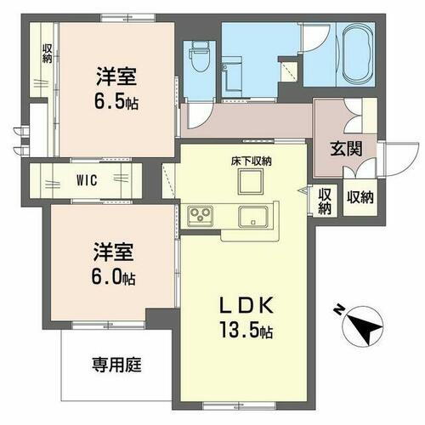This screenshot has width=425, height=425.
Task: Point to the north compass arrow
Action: (365, 328)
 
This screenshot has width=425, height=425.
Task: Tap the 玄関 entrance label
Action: (347, 147)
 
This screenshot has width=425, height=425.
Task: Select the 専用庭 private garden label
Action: (116, 365)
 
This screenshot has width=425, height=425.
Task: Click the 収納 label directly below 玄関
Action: (360, 198)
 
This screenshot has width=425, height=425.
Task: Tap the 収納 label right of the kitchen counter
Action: (325, 201)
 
